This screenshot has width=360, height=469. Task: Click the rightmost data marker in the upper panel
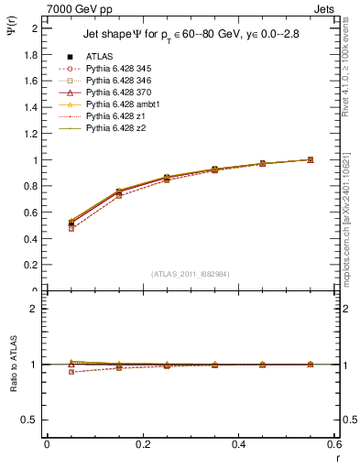(311, 159)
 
